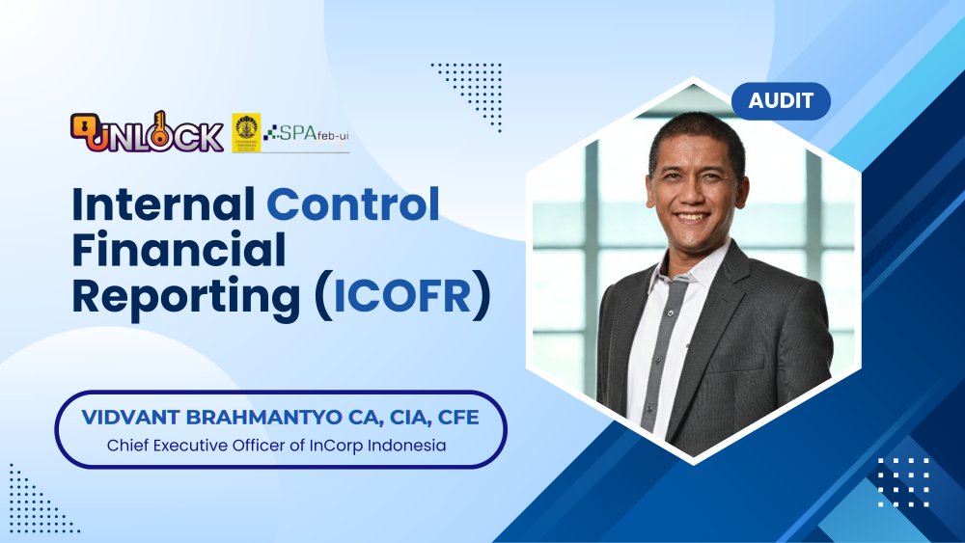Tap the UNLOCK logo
click(147, 133)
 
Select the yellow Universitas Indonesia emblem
click(246, 132)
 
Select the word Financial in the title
click(179, 251)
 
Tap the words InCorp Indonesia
click(393, 447)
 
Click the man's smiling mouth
click(691, 216)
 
